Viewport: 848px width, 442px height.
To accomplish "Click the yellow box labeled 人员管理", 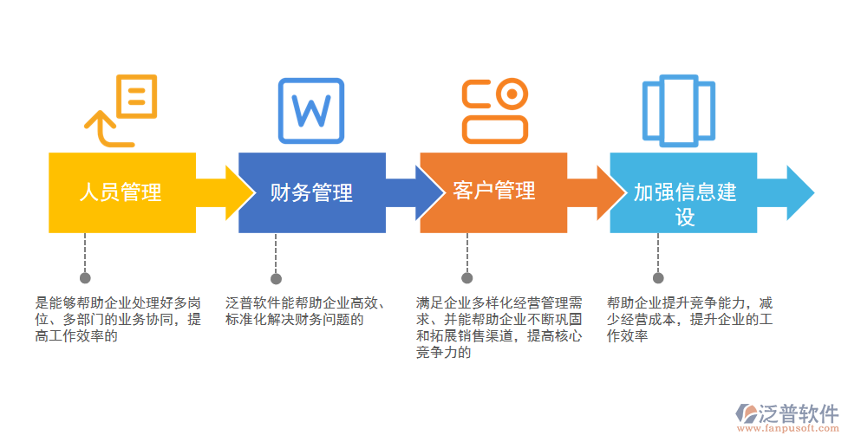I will coord(121,192).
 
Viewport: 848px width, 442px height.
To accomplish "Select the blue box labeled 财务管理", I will coord(311,192).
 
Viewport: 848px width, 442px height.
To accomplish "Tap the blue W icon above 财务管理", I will coord(310,111).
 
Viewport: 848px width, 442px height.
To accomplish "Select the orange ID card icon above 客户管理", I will coord(494,111).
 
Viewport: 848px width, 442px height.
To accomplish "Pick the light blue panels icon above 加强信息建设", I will coord(678,111).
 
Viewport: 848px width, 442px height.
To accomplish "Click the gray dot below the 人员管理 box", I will coord(85,278).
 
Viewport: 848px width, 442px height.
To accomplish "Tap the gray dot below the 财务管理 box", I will coord(276,278).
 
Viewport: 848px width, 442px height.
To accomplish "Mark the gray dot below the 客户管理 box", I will coord(466,278).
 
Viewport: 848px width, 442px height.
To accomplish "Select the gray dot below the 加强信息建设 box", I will coord(658,278).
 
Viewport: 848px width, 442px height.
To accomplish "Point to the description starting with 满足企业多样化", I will coord(499,328).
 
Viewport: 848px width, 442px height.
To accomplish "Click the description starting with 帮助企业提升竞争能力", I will coord(689,319).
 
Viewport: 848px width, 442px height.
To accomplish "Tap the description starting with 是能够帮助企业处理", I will coord(117,319).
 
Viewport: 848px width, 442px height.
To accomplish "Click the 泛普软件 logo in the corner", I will coord(787,417).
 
